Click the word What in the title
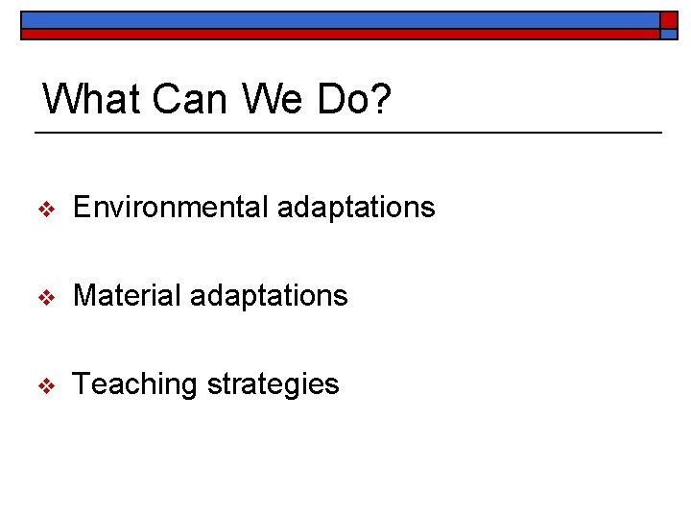92,99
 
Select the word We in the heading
275,99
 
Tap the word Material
127,295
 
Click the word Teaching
134,384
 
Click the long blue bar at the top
340,19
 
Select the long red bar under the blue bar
340,34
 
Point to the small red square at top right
669,19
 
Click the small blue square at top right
669,34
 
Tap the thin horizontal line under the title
347,132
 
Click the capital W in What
63,99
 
